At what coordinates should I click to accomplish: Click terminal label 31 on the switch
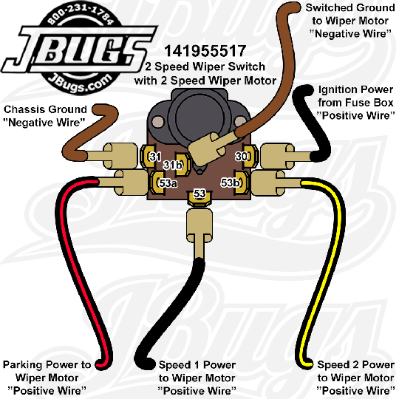(x=155, y=157)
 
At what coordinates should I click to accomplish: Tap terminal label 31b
(x=173, y=165)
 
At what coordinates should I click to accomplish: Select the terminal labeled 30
(x=241, y=156)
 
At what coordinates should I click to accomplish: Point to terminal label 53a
(x=168, y=183)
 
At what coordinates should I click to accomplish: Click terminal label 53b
(x=231, y=183)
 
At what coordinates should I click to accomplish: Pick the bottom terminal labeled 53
(x=199, y=194)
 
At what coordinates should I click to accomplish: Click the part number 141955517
(x=205, y=51)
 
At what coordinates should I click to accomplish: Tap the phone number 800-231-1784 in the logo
(x=81, y=16)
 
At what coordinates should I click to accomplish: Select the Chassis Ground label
(x=45, y=116)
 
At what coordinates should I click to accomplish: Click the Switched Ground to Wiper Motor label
(x=350, y=21)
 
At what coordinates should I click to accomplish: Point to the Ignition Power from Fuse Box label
(x=355, y=103)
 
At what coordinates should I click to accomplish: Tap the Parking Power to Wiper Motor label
(x=47, y=378)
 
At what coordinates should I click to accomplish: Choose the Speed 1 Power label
(x=197, y=378)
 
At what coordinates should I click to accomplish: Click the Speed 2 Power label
(x=355, y=378)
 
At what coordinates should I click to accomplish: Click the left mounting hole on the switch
(x=158, y=122)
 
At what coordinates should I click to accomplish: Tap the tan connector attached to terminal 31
(x=120, y=156)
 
